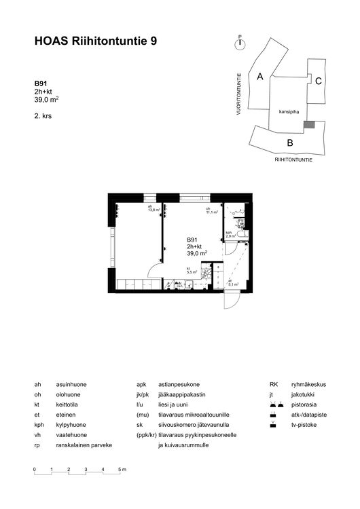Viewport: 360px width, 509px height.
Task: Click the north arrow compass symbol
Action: click(239, 43)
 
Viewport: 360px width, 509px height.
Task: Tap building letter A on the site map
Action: click(259, 77)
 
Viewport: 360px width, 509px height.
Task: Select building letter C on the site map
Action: click(318, 81)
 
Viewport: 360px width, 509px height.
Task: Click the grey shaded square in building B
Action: click(309, 125)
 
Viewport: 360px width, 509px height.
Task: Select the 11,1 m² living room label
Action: click(211, 210)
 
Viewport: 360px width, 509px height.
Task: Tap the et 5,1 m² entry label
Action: click(233, 284)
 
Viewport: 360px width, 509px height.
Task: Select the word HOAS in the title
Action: click(50, 42)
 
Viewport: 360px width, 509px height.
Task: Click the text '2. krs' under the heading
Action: click(43, 116)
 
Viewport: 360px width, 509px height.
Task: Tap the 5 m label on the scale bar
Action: click(123, 470)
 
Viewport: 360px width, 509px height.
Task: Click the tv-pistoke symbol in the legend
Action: click(272, 424)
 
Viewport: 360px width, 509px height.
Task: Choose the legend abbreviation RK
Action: click(274, 384)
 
